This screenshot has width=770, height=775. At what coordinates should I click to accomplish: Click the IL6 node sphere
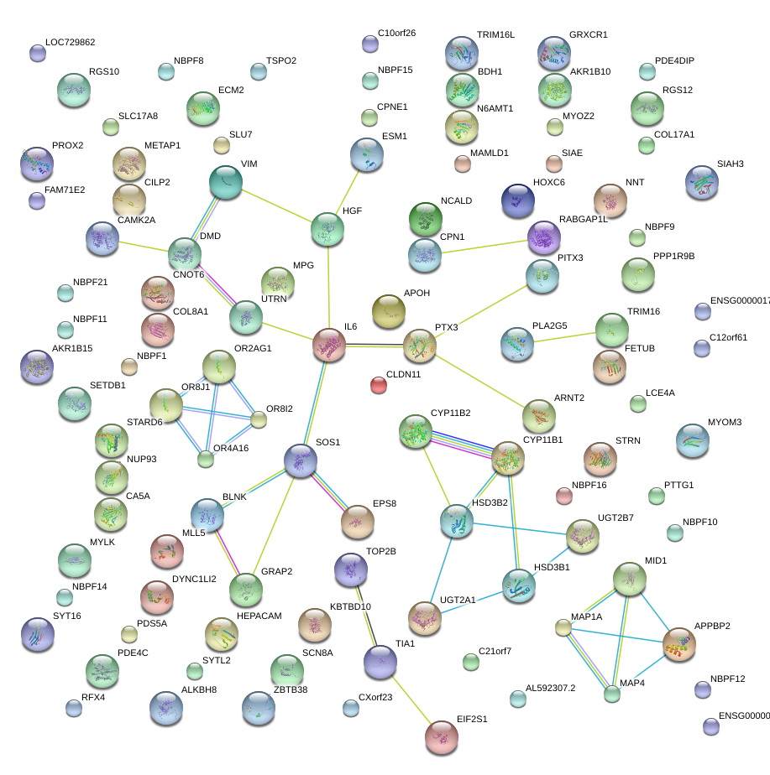329,345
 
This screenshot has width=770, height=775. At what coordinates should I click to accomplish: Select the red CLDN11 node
379,385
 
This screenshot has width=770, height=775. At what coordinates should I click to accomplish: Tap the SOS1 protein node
300,460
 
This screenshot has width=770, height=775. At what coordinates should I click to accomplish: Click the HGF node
327,229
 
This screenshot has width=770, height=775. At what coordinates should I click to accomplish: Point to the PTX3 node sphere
420,346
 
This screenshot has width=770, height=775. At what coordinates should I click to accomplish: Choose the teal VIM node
225,183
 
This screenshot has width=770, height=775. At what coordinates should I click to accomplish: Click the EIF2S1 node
442,736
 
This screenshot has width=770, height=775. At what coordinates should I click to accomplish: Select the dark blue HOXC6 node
517,200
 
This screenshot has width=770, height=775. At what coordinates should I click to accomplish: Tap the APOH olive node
388,311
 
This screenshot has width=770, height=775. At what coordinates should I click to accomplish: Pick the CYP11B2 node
416,431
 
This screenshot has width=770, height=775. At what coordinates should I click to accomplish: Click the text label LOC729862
71,42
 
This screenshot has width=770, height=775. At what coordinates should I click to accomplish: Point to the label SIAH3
731,164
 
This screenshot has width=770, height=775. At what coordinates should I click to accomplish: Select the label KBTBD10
350,606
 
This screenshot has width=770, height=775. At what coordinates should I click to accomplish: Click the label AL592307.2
551,688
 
